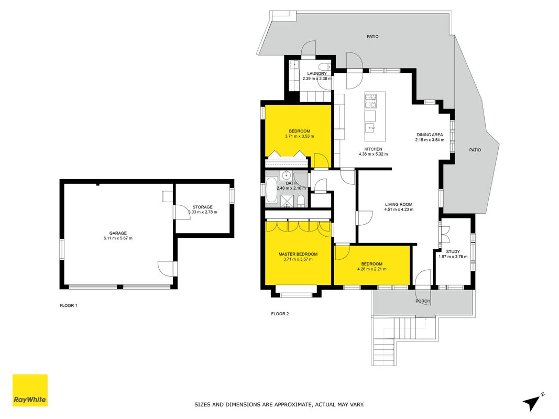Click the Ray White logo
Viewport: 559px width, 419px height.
coord(30,390)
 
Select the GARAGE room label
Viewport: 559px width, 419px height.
coord(118,233)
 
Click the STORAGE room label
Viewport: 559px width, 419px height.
coord(203,207)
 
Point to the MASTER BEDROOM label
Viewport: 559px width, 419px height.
coord(298,254)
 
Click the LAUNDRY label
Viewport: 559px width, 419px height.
coord(317,74)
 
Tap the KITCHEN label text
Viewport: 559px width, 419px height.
coord(373,149)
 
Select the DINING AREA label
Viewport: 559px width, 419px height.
coord(430,135)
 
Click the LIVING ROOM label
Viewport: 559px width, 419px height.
coord(399,204)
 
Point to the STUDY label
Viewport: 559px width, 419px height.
coord(453,251)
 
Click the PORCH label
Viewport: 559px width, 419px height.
coord(423,301)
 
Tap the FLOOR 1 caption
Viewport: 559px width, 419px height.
coord(69,306)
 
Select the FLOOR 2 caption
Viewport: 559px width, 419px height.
coord(280,314)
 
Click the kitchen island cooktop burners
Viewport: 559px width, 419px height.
coord(370,101)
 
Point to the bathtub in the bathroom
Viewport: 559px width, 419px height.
coord(270,190)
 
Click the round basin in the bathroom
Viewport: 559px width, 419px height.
coord(286,175)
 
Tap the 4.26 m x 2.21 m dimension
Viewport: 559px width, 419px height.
coord(372,269)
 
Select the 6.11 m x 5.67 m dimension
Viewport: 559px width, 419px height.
coord(118,238)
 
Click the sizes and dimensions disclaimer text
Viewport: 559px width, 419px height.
coord(280,405)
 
